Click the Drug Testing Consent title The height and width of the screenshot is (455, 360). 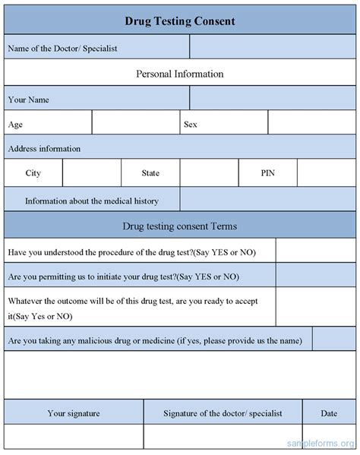[x=179, y=21]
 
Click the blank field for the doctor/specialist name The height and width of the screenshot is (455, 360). [x=271, y=48]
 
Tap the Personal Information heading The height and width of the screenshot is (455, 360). [x=179, y=74]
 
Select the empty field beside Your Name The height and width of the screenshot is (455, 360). [x=271, y=99]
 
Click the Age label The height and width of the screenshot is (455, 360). [x=15, y=123]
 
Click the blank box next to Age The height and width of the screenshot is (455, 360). [x=135, y=123]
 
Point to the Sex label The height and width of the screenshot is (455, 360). [x=190, y=123]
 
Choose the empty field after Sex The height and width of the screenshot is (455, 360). [x=311, y=123]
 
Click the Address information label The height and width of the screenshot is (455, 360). [x=44, y=148]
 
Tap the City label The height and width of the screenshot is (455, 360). [x=33, y=173]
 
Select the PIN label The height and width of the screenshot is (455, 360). [x=268, y=173]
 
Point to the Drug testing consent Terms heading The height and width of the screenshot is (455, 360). [x=179, y=226]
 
